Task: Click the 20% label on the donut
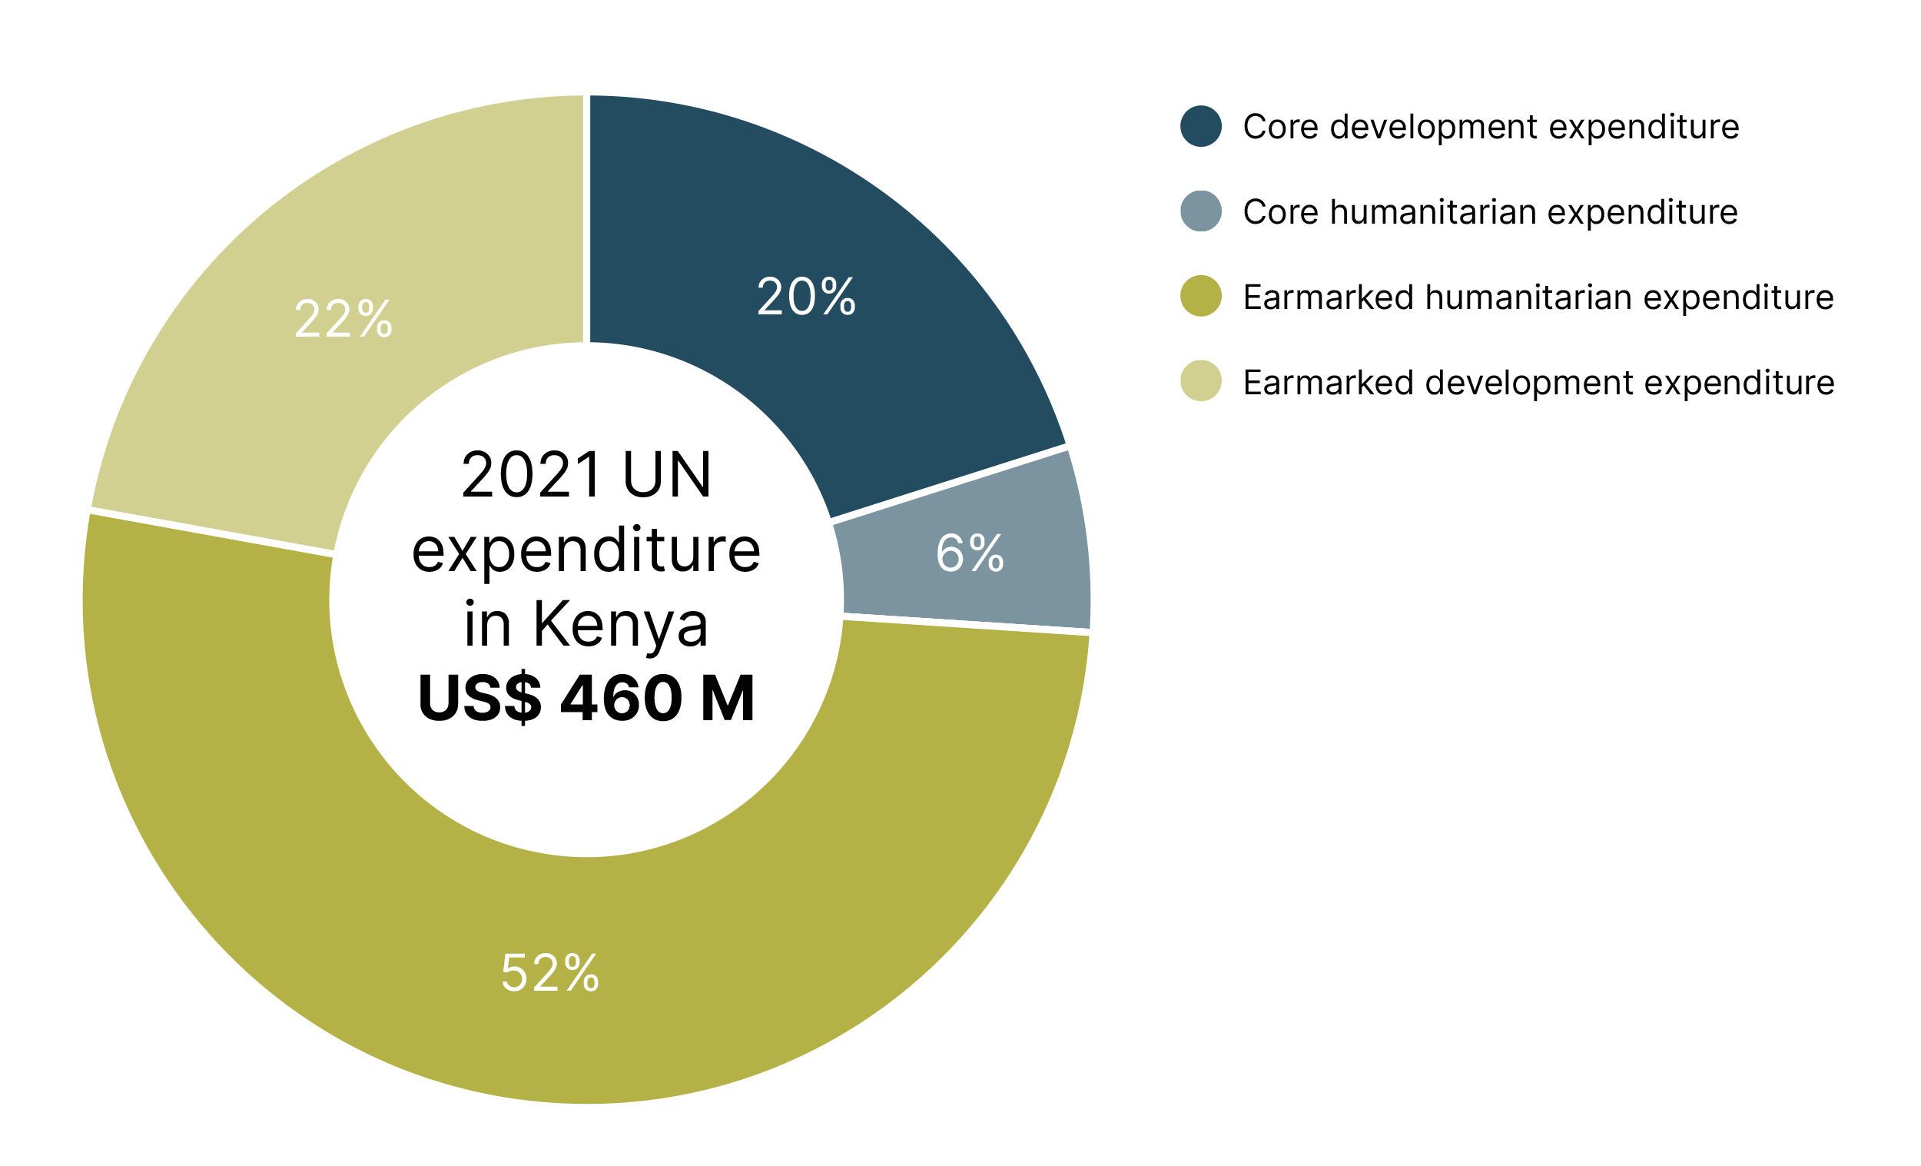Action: (806, 297)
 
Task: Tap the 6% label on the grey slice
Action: (969, 553)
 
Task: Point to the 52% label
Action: (549, 973)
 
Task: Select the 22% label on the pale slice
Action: (343, 320)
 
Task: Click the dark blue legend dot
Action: (1200, 126)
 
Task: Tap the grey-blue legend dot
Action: (1200, 211)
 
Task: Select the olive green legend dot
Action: (1200, 297)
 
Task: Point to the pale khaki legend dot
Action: (1200, 381)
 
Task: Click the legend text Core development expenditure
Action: (1491, 127)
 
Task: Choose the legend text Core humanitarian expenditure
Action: (1490, 212)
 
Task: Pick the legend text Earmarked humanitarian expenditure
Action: (1538, 297)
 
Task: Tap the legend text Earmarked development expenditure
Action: (1538, 382)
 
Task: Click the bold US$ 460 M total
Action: (586, 697)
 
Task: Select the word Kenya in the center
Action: (621, 625)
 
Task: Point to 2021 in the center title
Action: (530, 475)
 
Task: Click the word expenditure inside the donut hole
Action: (586, 551)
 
